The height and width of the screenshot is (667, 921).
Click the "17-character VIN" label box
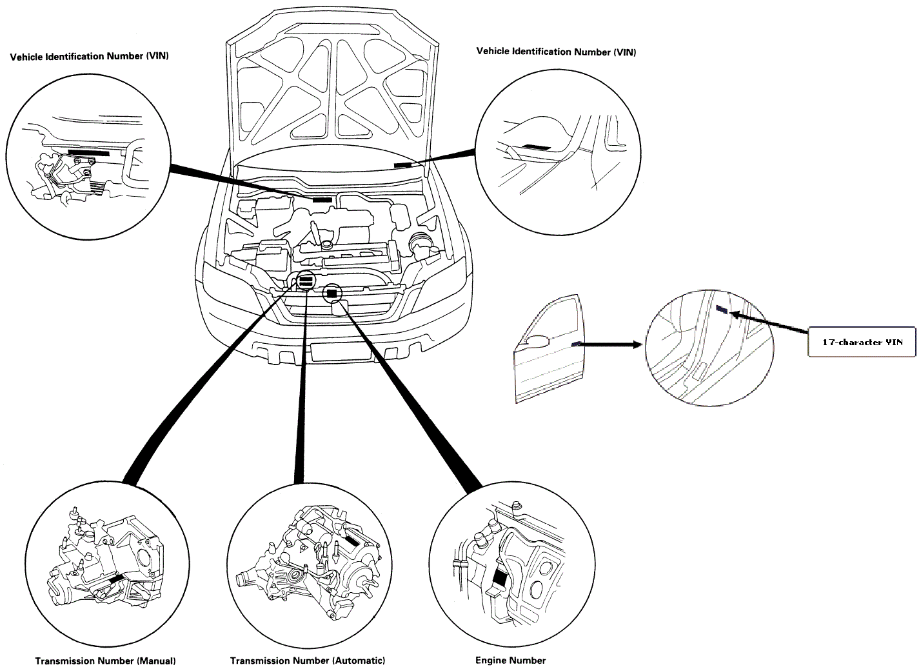862,342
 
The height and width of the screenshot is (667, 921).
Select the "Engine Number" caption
510,660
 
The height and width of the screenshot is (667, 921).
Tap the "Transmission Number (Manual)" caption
105,661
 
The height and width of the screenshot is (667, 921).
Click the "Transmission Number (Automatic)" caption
308,661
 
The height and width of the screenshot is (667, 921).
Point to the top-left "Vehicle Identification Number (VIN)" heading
90,56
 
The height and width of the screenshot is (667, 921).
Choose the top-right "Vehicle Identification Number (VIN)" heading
556,52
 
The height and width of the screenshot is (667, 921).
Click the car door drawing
548,348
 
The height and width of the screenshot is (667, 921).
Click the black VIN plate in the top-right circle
537,147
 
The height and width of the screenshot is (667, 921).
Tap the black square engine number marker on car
332,294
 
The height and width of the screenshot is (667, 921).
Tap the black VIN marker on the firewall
322,200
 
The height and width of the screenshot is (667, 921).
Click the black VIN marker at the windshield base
402,165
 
